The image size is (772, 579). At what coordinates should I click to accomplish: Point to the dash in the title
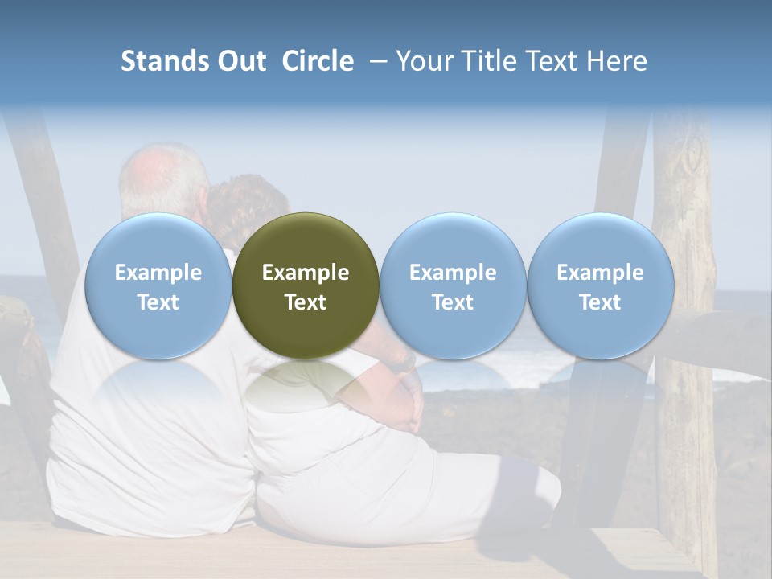pyautogui.click(x=375, y=61)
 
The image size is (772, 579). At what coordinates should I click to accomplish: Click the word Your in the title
pyautogui.click(x=423, y=61)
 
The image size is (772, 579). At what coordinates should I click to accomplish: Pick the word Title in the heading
pyautogui.click(x=487, y=61)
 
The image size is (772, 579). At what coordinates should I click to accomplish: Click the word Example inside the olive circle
pyautogui.click(x=306, y=273)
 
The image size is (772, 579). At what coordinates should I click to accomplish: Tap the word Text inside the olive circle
pyautogui.click(x=306, y=302)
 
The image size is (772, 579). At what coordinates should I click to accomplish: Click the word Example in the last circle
pyautogui.click(x=600, y=273)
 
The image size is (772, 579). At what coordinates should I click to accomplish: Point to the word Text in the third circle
pyautogui.click(x=453, y=302)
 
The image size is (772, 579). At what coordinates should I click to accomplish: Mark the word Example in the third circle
pyautogui.click(x=453, y=273)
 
